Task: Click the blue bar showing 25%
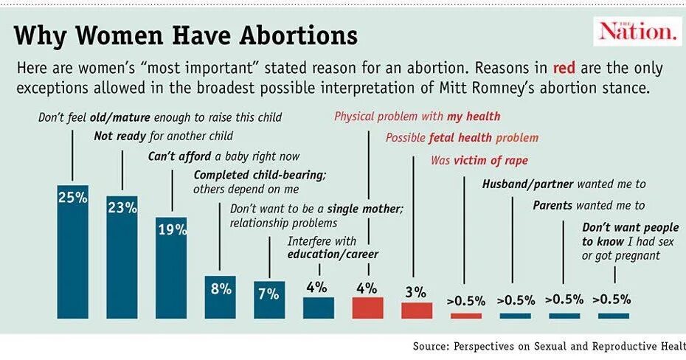tap(73, 251)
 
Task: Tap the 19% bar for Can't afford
tap(171, 268)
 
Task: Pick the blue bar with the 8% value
tap(221, 297)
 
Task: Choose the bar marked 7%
tap(269, 300)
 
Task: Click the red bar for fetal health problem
tap(417, 310)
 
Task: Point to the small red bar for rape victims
tap(465, 316)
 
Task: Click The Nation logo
tap(637, 31)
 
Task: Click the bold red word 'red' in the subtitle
tap(565, 69)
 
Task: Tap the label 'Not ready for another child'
tap(164, 136)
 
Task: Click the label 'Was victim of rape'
tap(479, 160)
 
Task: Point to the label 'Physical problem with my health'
tap(417, 116)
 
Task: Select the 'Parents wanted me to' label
tap(589, 205)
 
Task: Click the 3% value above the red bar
tap(415, 293)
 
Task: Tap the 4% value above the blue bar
tap(317, 287)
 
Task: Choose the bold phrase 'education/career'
tap(333, 255)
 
